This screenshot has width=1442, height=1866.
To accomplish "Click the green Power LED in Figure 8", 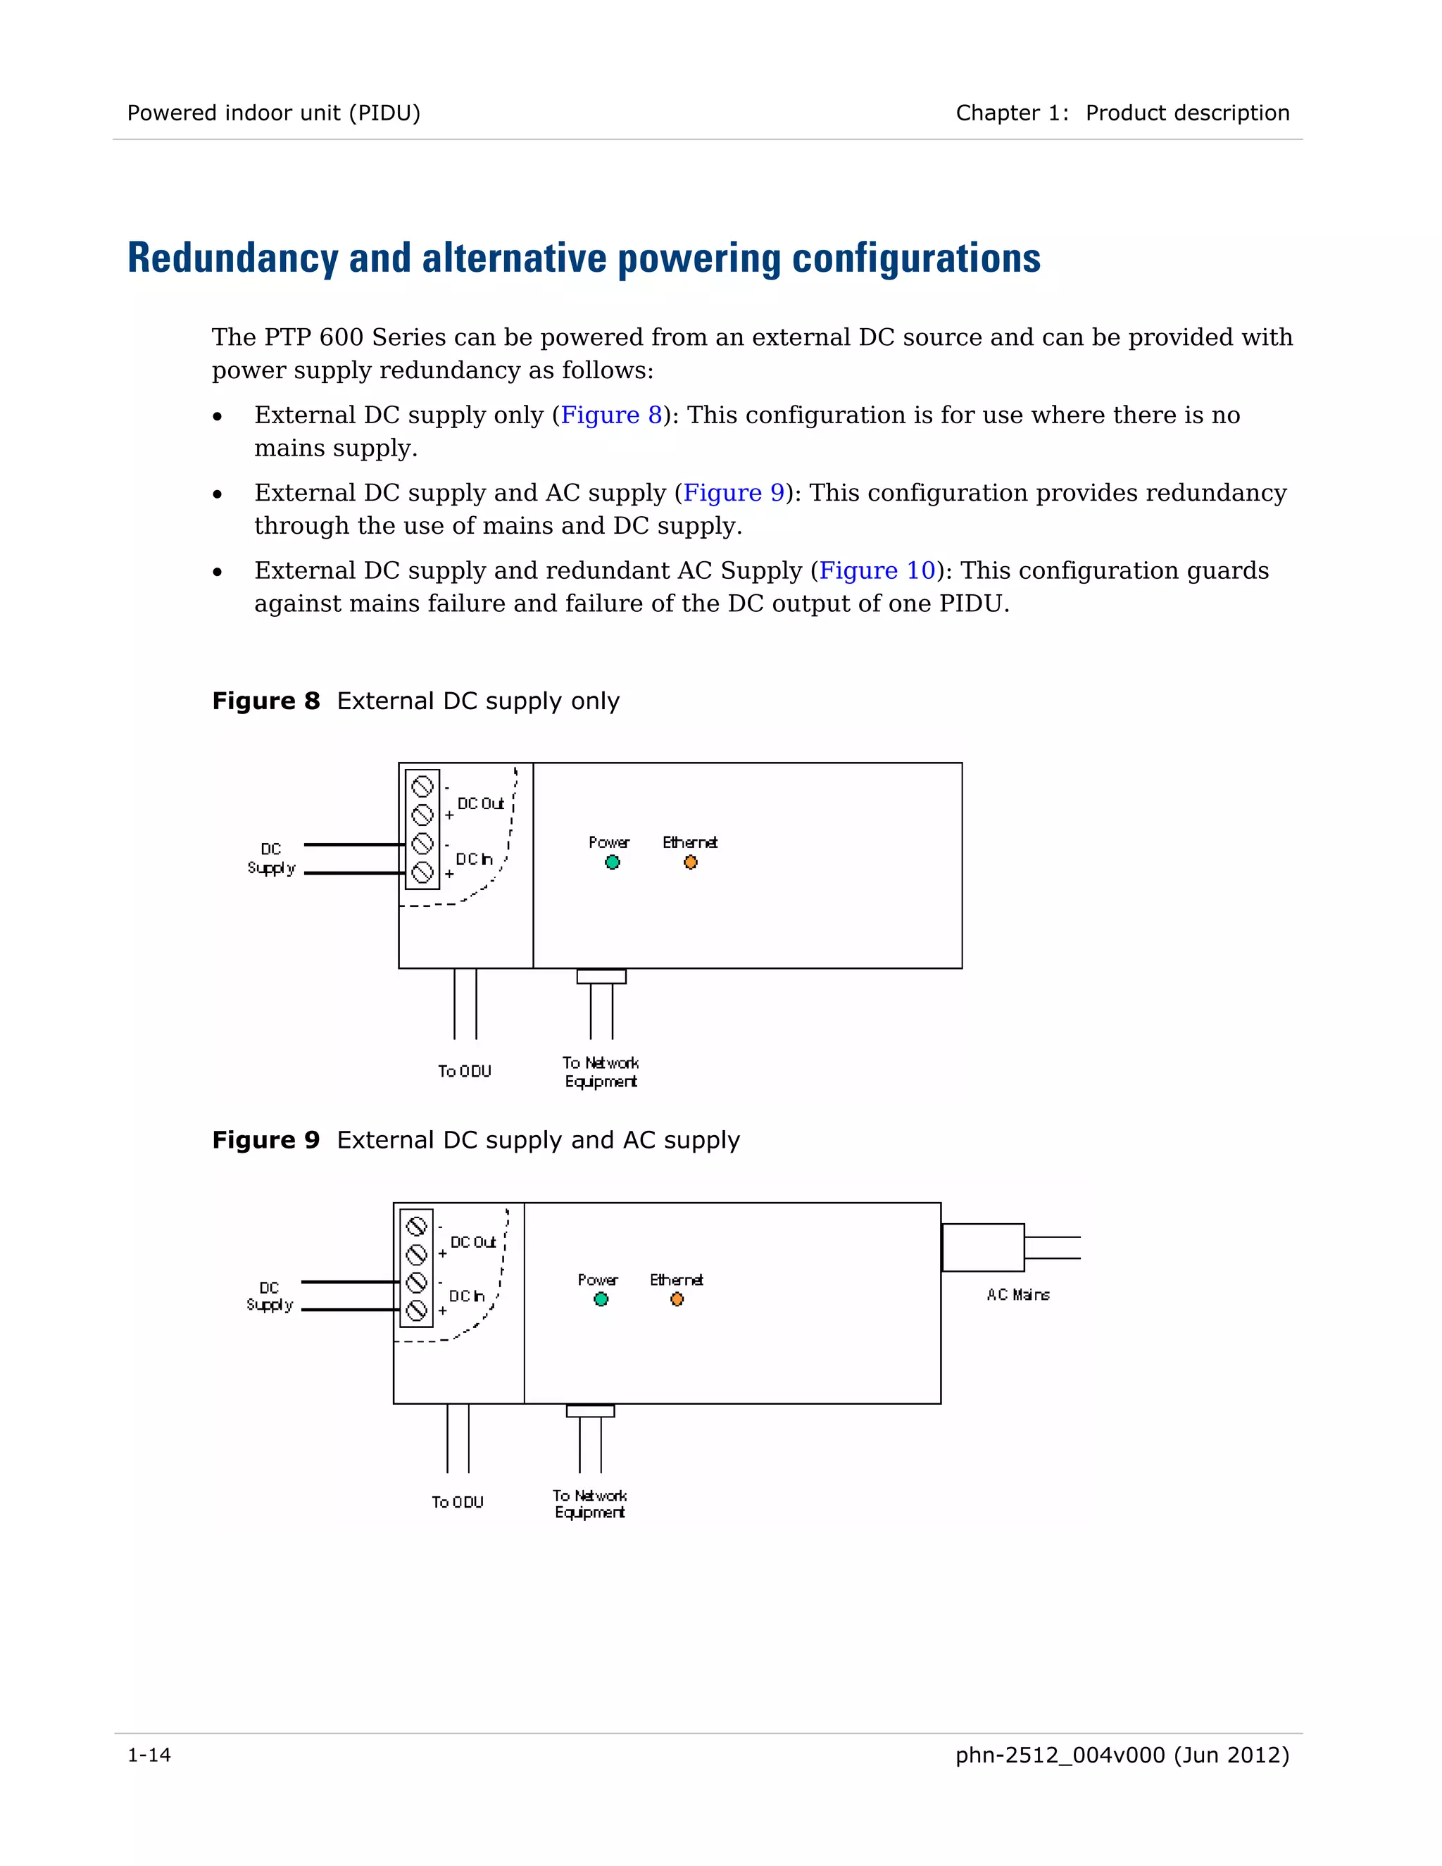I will point(612,862).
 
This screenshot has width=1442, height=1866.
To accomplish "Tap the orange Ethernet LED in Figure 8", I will point(690,862).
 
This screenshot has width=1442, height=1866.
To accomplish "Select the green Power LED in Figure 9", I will point(601,1300).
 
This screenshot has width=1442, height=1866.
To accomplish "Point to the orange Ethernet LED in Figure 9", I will point(677,1300).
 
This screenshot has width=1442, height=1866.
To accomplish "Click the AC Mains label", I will point(1017,1294).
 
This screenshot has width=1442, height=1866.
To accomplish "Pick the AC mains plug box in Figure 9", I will point(982,1248).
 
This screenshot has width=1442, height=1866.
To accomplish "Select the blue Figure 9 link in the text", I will point(733,492).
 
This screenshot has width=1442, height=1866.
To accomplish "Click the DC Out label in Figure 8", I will point(480,803).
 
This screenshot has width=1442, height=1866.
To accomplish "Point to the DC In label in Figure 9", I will point(466,1296).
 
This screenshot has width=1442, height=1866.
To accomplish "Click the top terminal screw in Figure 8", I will point(422,786).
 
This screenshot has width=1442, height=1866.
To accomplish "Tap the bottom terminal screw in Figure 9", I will point(416,1310).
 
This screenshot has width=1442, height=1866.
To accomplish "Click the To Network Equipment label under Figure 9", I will point(589,1504).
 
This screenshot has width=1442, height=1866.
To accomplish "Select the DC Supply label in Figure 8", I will point(271,858).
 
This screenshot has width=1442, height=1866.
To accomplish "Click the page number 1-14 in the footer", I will point(149,1755).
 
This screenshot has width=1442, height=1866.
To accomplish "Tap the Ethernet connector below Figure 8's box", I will point(601,976).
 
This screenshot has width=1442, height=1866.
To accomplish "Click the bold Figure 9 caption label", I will point(265,1140).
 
